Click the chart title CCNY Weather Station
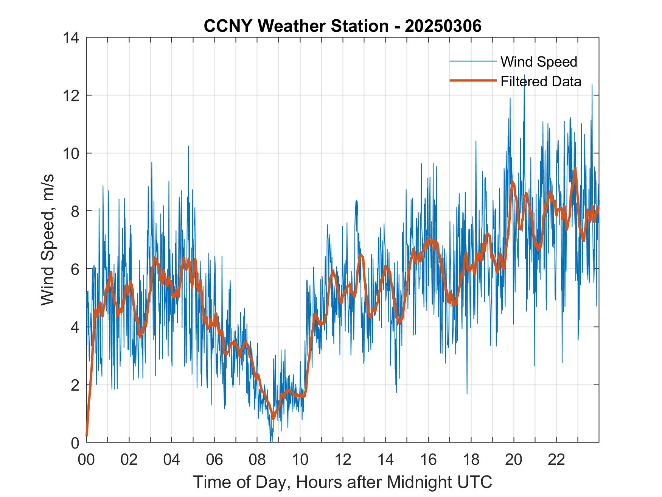coord(296,26)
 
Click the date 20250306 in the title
coord(443,26)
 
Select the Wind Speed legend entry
coord(539,62)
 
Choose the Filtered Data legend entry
coord(541,81)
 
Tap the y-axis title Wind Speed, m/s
coord(48,240)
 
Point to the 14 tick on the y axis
coord(71,38)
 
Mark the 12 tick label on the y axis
coord(71,95)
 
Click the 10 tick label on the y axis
coord(71,153)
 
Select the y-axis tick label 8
coord(75,211)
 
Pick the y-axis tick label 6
coord(75,269)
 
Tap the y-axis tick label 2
coord(75,385)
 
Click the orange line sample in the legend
coord(472,81)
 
